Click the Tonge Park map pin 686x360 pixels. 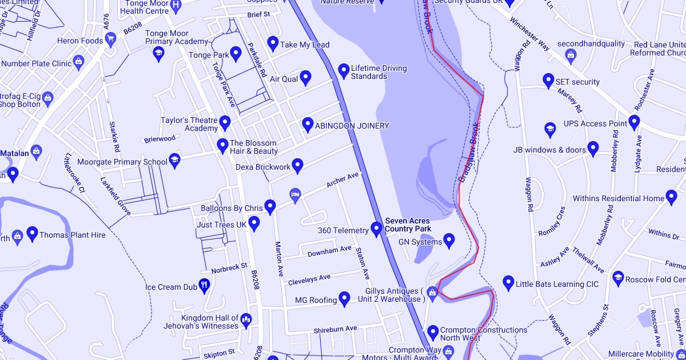(x=236, y=53)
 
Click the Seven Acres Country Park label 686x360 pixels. (x=408, y=225)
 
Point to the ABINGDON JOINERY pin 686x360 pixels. (x=308, y=124)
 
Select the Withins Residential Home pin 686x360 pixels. (x=672, y=198)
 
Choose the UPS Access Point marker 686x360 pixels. (x=633, y=122)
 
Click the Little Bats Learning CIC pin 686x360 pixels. (x=508, y=282)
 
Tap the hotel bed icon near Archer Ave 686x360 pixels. (x=295, y=195)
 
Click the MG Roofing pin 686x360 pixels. (x=344, y=298)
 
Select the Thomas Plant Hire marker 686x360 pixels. (x=33, y=233)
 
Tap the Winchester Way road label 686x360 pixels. (x=529, y=37)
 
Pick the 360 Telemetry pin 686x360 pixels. (x=376, y=229)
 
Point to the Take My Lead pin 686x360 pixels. (x=273, y=43)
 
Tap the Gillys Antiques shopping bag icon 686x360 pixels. (x=432, y=293)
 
